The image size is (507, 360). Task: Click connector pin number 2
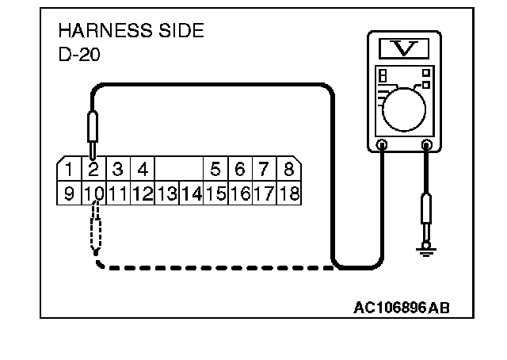click(x=93, y=169)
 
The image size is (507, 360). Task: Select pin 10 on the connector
click(x=93, y=193)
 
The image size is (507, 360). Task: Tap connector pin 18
click(x=288, y=193)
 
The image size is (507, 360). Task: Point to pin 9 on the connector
click(x=69, y=193)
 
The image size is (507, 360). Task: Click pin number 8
click(x=288, y=169)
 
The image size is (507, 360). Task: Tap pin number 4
click(x=143, y=169)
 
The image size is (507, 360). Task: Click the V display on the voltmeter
click(x=405, y=49)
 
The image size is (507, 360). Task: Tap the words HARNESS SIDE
click(x=131, y=32)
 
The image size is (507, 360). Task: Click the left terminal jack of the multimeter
click(x=382, y=145)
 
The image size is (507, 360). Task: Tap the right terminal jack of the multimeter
click(x=427, y=145)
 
